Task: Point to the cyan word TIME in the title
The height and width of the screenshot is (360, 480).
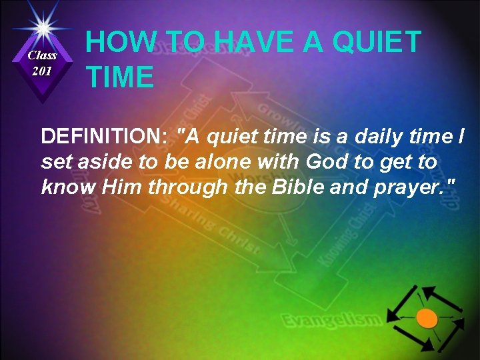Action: coord(120,77)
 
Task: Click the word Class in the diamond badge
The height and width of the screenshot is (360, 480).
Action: coord(43,55)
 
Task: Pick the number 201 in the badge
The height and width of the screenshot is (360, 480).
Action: coord(43,71)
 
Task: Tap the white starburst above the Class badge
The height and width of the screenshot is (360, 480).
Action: coord(43,27)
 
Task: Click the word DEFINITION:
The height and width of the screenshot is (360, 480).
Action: coord(103,137)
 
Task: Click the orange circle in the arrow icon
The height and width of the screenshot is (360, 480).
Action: coord(427,318)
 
